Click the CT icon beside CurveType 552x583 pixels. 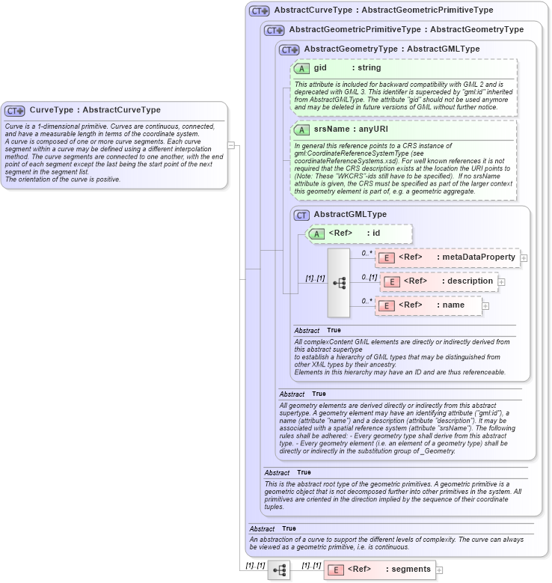coord(15,111)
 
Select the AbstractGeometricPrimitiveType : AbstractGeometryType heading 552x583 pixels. coord(405,30)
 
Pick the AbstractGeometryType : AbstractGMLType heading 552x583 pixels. coord(391,49)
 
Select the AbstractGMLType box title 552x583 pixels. coord(350,215)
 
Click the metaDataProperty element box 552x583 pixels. coord(447,257)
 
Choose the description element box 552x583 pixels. coord(439,281)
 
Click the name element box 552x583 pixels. coord(428,305)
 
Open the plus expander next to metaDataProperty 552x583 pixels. coord(524,258)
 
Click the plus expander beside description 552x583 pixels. coord(501,282)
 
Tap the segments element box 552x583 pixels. coord(379,570)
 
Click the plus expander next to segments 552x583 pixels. coord(439,570)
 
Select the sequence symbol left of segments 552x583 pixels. coord(280,570)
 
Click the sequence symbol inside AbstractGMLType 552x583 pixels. coord(339,283)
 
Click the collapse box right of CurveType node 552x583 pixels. coord(233,146)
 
